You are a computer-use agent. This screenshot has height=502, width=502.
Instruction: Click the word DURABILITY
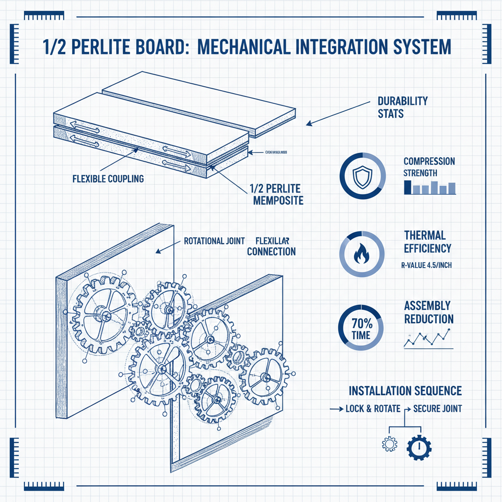pyautogui.click(x=402, y=101)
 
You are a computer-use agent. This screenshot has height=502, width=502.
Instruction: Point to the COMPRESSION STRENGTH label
pyautogui.click(x=429, y=167)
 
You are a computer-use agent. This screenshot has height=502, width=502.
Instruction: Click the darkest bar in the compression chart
pyautogui.click(x=407, y=187)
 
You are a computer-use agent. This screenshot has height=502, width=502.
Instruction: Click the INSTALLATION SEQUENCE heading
pyautogui.click(x=405, y=391)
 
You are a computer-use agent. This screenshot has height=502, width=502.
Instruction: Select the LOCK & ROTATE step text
pyautogui.click(x=373, y=408)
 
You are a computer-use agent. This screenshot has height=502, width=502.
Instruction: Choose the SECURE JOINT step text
pyautogui.click(x=437, y=408)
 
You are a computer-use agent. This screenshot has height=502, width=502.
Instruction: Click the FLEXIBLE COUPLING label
pyautogui.click(x=108, y=178)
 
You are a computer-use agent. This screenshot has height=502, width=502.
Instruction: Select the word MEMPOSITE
pyautogui.click(x=277, y=201)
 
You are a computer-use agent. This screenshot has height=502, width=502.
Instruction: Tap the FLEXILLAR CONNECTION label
pyautogui.click(x=272, y=247)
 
